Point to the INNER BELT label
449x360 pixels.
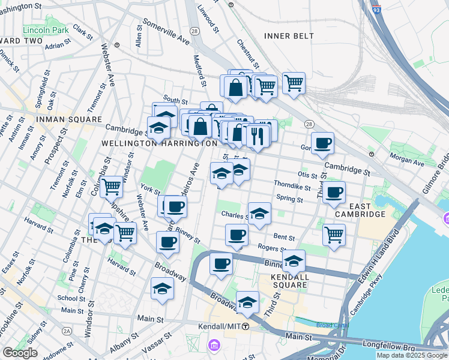(x=289, y=36)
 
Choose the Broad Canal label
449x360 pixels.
(x=330, y=325)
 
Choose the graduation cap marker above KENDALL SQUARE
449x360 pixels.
(x=294, y=260)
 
